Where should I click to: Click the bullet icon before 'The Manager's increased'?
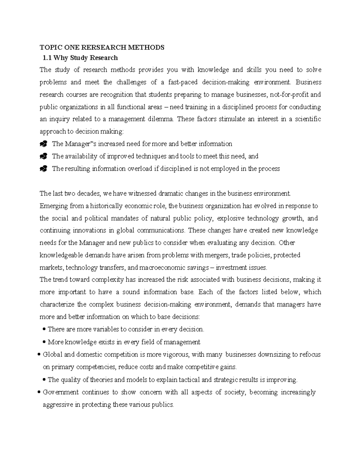click(44, 144)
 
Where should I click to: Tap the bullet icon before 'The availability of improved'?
click(44, 156)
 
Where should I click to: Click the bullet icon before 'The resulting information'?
click(44, 169)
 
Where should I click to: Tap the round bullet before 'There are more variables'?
click(45, 329)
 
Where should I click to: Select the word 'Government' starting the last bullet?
click(61, 392)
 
